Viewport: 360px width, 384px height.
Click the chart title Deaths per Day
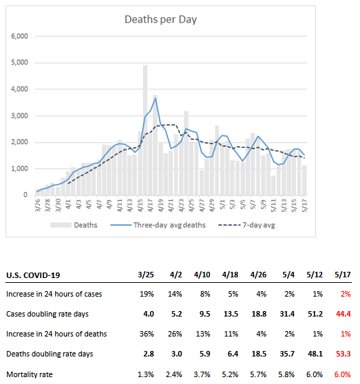click(x=160, y=19)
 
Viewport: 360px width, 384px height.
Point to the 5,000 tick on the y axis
click(x=19, y=63)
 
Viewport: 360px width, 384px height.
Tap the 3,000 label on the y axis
click(x=19, y=116)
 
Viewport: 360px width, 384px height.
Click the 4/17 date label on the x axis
click(x=150, y=205)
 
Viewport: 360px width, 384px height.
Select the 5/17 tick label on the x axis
click(x=304, y=205)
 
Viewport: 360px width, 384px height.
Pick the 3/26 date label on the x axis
click(x=37, y=205)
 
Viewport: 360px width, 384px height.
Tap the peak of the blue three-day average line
click(x=156, y=98)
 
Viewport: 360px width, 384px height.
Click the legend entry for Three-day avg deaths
click(x=158, y=225)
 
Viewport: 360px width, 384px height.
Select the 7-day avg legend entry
click(x=246, y=225)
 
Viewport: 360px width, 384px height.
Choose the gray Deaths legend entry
click(x=74, y=225)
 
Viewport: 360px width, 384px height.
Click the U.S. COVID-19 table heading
click(x=33, y=275)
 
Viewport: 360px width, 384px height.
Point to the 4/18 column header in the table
click(x=230, y=275)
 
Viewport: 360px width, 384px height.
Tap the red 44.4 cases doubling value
click(x=343, y=314)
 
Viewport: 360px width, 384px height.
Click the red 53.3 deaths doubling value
click(x=343, y=354)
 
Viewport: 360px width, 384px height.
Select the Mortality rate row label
click(x=30, y=374)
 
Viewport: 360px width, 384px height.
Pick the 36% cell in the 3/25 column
click(x=147, y=334)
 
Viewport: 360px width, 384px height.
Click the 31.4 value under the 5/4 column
click(x=287, y=314)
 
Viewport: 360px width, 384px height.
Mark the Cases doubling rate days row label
click(x=47, y=314)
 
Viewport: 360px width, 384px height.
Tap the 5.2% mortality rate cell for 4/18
click(x=230, y=374)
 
